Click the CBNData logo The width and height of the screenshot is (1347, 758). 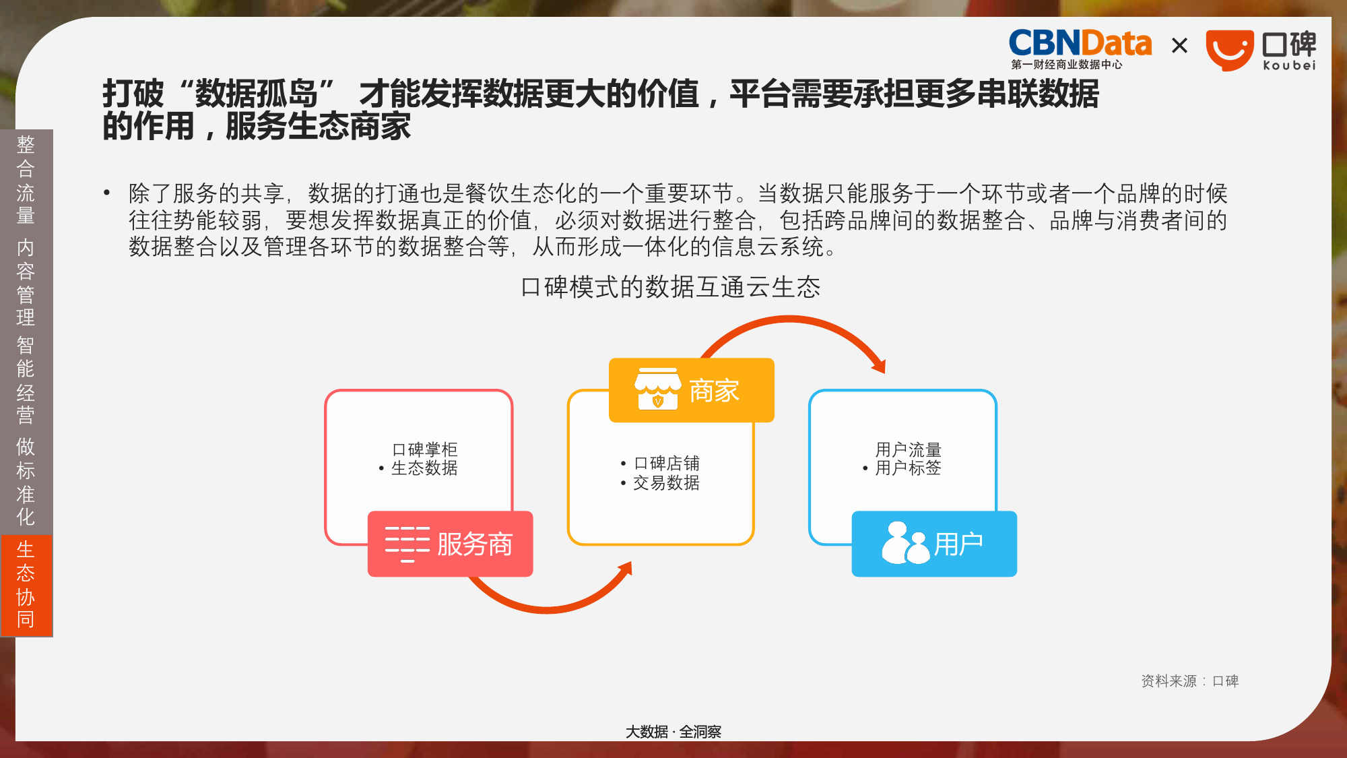click(x=1080, y=49)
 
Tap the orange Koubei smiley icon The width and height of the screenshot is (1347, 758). click(x=1229, y=51)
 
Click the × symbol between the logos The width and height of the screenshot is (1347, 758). click(x=1179, y=46)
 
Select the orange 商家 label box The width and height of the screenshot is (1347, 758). click(x=692, y=390)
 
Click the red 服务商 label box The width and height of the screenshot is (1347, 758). click(x=450, y=544)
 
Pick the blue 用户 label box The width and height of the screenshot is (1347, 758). click(x=934, y=544)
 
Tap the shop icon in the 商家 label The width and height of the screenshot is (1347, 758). click(x=657, y=389)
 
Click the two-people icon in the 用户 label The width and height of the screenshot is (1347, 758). click(x=906, y=543)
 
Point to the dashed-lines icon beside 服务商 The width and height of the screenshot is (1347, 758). click(x=407, y=544)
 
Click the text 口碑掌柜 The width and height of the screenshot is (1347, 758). click(x=424, y=449)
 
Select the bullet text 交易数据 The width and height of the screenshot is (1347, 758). click(x=666, y=482)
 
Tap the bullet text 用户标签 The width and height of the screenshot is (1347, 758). click(x=908, y=468)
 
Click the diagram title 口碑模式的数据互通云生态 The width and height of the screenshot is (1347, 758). click(x=671, y=287)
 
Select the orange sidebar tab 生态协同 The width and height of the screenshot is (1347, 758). click(x=26, y=585)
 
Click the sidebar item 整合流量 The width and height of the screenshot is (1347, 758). click(x=26, y=180)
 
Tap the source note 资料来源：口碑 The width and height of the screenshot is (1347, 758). click(x=1190, y=681)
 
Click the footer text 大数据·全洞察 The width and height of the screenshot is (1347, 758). click(x=673, y=732)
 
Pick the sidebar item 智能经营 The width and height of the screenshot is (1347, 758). click(x=26, y=380)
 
